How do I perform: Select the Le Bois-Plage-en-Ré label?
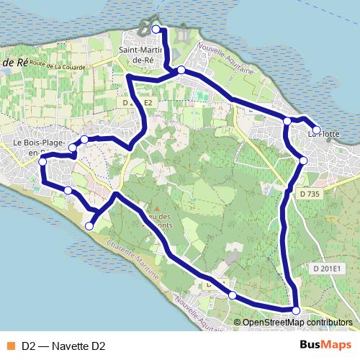(x=39, y=148)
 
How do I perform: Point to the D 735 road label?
(x=308, y=194)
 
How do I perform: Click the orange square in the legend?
(x=10, y=346)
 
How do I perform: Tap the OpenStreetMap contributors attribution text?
(x=297, y=323)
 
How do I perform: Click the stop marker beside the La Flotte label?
(x=316, y=130)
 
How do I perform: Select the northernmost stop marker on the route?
(x=156, y=29)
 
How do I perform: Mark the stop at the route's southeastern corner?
(x=296, y=310)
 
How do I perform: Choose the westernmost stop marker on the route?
(x=42, y=162)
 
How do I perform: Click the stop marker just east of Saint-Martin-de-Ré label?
(x=181, y=70)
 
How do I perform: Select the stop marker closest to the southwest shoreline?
(x=89, y=226)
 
